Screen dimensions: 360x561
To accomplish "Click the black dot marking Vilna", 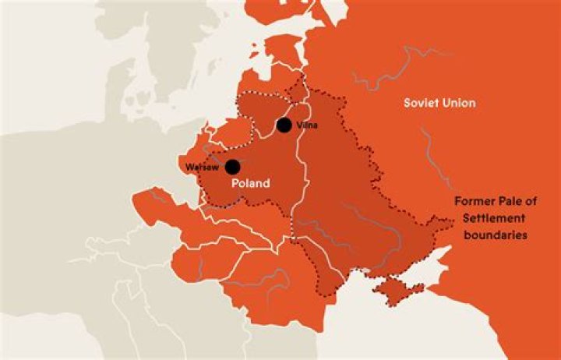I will tap(284, 125).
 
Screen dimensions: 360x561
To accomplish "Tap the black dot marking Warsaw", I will tap(232, 166).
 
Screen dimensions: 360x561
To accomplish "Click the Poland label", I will tap(251, 184).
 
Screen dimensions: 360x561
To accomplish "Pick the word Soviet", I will tap(421, 103).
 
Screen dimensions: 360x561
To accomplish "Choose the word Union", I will tap(459, 103).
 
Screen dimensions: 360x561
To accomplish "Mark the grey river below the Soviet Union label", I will tap(427, 148).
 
